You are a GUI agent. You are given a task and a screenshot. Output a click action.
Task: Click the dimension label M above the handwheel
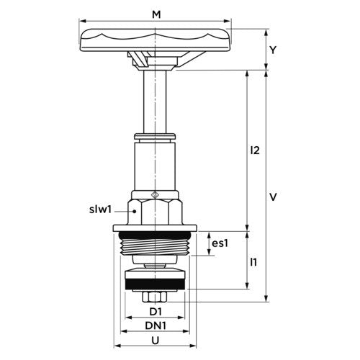pyautogui.click(x=156, y=14)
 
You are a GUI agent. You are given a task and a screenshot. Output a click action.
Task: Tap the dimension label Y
pyautogui.click(x=273, y=50)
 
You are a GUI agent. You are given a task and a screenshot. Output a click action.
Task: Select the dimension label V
pyautogui.click(x=273, y=197)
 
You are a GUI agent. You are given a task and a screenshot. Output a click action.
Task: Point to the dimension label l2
pyautogui.click(x=255, y=150)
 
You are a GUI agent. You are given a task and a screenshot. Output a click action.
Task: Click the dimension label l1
pyautogui.click(x=253, y=262)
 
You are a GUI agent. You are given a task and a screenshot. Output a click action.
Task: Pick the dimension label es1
pyautogui.click(x=220, y=243)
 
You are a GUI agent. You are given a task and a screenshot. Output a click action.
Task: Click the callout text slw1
pyautogui.click(x=101, y=210)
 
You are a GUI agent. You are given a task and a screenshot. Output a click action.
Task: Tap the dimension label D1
pyautogui.click(x=156, y=312)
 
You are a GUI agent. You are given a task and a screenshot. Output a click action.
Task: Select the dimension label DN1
pyautogui.click(x=156, y=325)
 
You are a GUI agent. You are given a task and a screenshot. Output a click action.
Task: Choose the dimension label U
pyautogui.click(x=156, y=341)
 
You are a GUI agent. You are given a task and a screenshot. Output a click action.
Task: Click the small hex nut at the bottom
pyautogui.click(x=155, y=297)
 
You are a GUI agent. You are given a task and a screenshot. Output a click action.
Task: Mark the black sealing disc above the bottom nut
pyautogui.click(x=155, y=284)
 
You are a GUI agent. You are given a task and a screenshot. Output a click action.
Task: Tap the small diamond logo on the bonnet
pyautogui.click(x=155, y=194)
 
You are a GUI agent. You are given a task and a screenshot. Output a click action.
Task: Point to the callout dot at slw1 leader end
pyautogui.click(x=135, y=211)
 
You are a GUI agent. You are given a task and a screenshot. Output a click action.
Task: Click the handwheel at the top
pyautogui.click(x=155, y=40)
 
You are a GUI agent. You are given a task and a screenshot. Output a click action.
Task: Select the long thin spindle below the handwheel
pyautogui.click(x=155, y=102)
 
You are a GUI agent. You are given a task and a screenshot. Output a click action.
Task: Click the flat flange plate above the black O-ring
pyautogui.click(x=155, y=228)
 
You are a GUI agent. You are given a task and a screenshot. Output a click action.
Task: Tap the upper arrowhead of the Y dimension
pyautogui.click(x=266, y=32)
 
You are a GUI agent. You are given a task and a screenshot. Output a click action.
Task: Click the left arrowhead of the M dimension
pyautogui.click(x=83, y=21)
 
